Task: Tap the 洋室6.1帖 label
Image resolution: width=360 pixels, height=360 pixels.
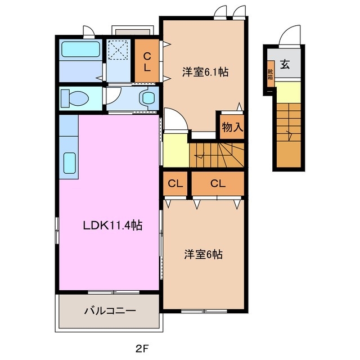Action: pos(205,73)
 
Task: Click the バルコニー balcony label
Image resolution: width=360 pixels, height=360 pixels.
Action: pos(110,310)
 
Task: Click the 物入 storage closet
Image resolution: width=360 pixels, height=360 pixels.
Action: pos(232,127)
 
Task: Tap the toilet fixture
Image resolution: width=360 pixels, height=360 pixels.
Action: pos(74,98)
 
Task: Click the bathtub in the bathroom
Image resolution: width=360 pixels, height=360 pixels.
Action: pos(80,49)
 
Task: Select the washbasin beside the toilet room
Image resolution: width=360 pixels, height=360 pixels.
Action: pos(149,98)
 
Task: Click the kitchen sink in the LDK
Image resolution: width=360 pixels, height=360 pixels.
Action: pos(70,163)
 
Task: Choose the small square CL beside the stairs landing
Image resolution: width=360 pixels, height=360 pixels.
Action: pos(175,183)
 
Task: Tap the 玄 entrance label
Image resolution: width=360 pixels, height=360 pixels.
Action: pos(285,65)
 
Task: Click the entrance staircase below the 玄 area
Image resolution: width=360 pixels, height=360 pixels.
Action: pos(289,132)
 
